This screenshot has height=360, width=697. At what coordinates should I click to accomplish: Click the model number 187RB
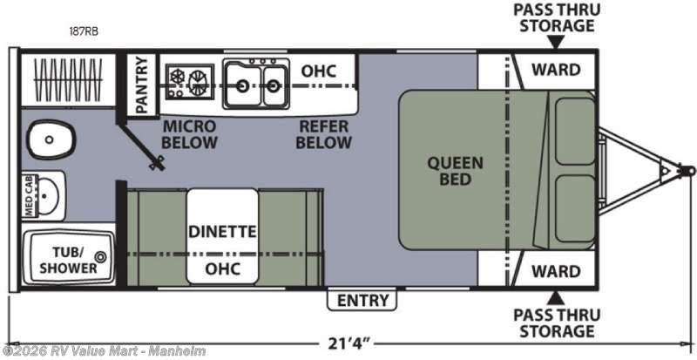tap(83, 31)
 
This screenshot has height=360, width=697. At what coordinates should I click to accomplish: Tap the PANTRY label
tap(141, 85)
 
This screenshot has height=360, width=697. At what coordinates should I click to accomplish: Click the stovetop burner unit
tap(190, 81)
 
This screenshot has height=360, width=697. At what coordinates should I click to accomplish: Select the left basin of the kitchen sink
tap(243, 85)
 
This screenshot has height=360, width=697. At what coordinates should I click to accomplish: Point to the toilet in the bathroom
tap(51, 139)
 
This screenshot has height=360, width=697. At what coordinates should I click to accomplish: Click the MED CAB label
tap(29, 196)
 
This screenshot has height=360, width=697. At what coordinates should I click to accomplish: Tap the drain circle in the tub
tap(100, 256)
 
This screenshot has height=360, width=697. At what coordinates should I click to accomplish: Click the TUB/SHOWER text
tap(69, 261)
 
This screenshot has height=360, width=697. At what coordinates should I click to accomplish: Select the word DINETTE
tap(223, 231)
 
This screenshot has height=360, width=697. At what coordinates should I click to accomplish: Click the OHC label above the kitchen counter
tap(319, 71)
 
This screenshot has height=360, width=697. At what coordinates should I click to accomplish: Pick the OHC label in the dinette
tap(223, 268)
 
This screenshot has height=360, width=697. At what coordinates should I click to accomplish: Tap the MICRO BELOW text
tap(189, 134)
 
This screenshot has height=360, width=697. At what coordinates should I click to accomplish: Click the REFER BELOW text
tap(323, 134)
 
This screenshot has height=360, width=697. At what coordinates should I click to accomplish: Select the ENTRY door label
tap(363, 301)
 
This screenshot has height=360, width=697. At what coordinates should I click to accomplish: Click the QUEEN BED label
tap(455, 172)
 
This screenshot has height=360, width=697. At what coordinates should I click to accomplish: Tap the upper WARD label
tap(556, 70)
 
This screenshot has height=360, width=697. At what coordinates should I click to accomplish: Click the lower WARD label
tap(556, 271)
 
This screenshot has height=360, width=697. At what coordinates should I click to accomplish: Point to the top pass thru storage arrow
tap(556, 42)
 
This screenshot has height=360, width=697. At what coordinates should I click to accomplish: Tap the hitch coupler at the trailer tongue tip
tap(687, 171)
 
